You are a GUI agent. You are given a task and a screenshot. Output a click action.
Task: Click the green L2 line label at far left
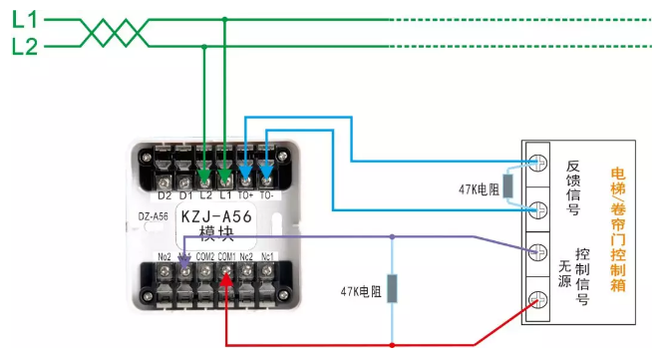tap(24, 46)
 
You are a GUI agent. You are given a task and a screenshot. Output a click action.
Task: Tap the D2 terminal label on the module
tap(164, 195)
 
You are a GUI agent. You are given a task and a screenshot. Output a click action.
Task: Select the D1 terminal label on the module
tap(184, 195)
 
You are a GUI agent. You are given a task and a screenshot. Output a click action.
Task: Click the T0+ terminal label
tap(245, 195)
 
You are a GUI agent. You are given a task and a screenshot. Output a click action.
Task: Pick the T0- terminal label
tap(266, 195)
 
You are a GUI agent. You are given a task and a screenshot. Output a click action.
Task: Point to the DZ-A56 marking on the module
tap(152, 214)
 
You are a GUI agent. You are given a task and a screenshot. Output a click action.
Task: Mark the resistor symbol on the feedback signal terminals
tap(506, 186)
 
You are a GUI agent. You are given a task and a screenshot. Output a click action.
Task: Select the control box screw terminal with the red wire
tap(538, 298)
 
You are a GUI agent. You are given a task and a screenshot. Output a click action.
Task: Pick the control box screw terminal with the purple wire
tap(538, 252)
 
